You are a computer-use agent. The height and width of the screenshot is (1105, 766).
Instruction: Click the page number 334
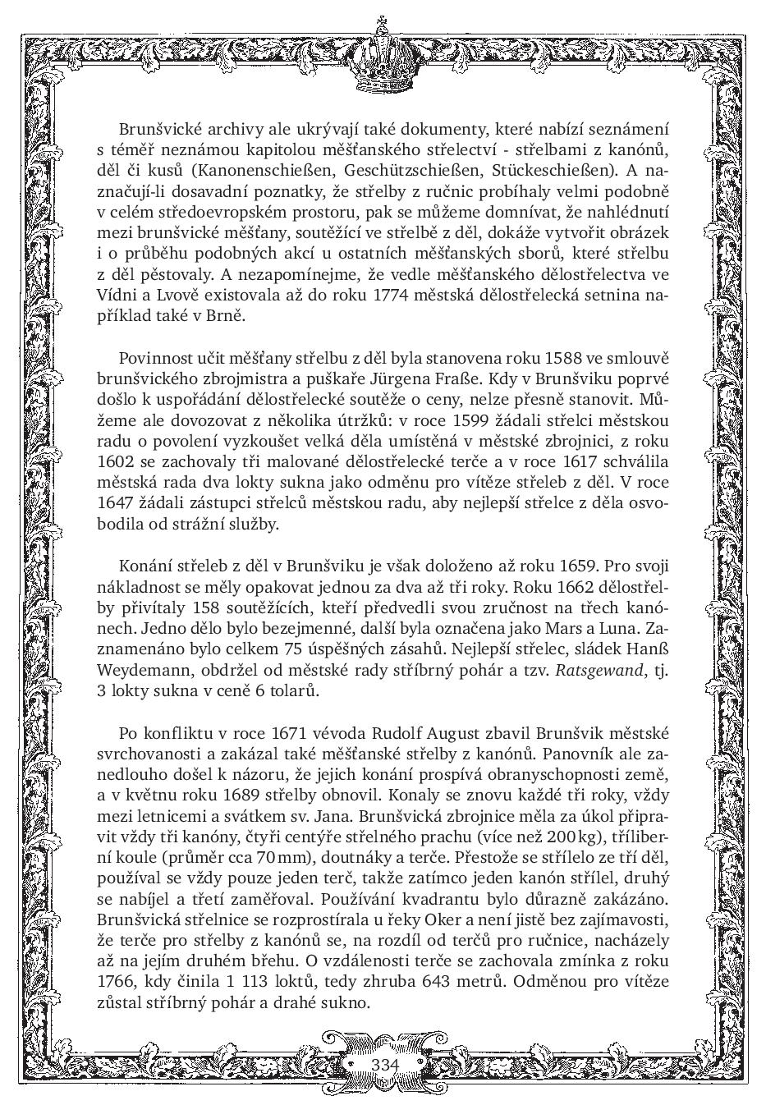point(384,1064)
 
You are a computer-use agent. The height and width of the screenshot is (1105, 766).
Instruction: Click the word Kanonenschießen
point(264,172)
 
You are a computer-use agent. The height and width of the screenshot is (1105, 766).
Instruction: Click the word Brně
point(227,315)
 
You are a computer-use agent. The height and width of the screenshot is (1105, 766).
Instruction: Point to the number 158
point(204,607)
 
